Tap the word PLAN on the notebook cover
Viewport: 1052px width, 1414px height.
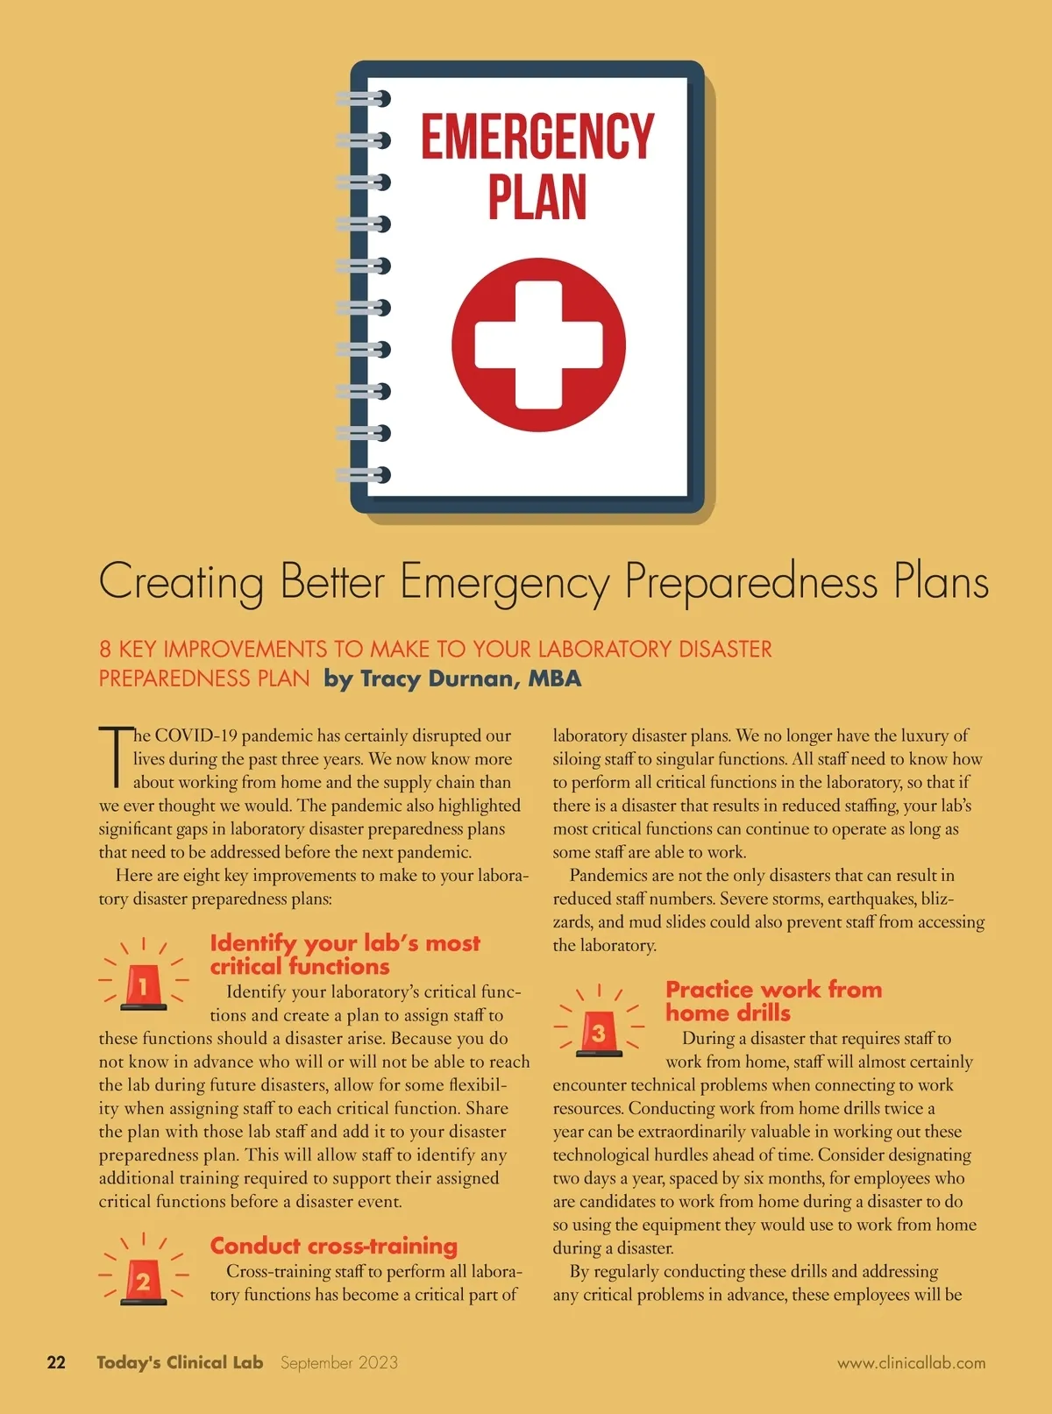coord(537,197)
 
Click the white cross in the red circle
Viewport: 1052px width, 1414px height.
coord(538,345)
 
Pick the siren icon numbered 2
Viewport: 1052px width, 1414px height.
coord(144,1281)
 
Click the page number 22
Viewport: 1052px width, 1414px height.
coord(56,1362)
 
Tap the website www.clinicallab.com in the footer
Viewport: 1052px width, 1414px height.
coord(911,1363)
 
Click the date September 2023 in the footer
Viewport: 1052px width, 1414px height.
coord(339,1362)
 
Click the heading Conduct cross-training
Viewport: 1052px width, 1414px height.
coord(333,1246)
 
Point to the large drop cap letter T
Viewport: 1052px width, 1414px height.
coord(115,756)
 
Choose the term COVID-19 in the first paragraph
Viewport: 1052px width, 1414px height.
coord(195,735)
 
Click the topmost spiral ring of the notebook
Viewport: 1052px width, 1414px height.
coord(364,98)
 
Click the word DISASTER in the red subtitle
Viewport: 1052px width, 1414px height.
coord(725,650)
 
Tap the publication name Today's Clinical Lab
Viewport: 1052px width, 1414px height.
coord(180,1362)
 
